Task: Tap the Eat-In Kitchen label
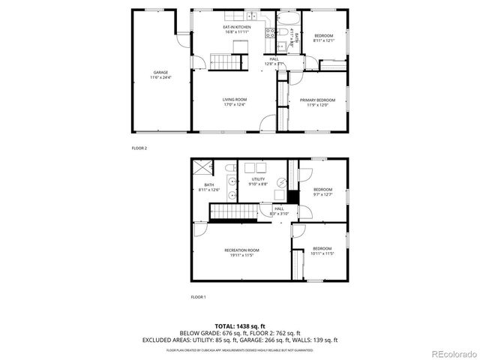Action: click(x=236, y=27)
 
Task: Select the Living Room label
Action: click(x=234, y=100)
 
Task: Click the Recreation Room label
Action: click(x=241, y=250)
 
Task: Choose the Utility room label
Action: click(x=258, y=179)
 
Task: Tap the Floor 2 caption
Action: click(x=139, y=148)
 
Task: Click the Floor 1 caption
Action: click(x=198, y=297)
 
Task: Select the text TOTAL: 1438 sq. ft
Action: click(x=240, y=325)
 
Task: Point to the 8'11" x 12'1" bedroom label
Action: click(x=324, y=37)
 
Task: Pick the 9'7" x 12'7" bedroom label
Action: click(x=323, y=190)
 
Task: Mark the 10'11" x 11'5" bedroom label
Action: click(x=322, y=250)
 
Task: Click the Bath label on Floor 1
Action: click(x=209, y=184)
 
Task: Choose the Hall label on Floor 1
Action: click(x=278, y=209)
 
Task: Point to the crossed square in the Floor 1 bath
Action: click(x=202, y=168)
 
